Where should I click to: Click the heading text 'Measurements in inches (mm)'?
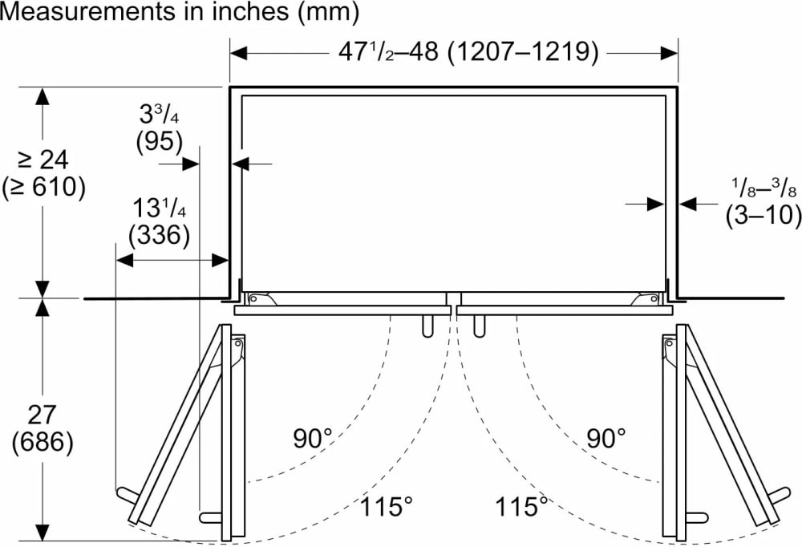point(180,12)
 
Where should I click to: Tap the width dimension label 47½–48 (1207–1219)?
point(468,51)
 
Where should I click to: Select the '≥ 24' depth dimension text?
point(43,160)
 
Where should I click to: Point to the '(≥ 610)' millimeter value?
point(43,188)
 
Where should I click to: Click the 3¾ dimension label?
point(159,115)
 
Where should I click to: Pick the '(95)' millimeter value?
point(159,141)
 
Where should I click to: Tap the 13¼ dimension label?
point(159,209)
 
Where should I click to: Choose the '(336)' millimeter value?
point(159,235)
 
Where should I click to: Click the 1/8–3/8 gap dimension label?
point(764,188)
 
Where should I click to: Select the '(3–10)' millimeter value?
point(764,214)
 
